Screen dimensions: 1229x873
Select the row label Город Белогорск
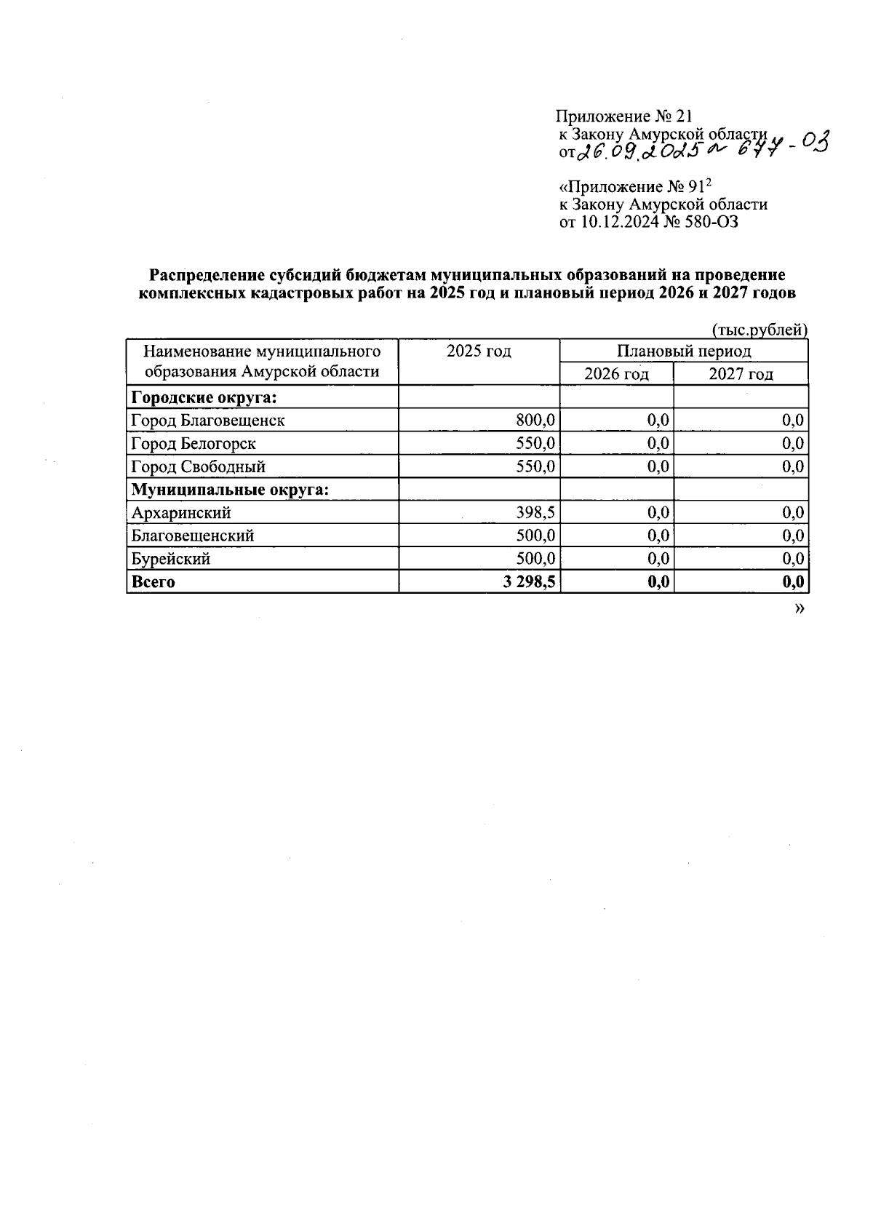[194, 444]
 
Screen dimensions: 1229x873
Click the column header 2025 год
[479, 352]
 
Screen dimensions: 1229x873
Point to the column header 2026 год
[616, 375]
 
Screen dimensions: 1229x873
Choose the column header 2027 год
[741, 375]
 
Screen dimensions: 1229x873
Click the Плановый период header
[683, 352]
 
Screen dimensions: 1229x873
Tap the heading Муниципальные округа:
[230, 490]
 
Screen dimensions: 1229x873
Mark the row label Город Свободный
[198, 467]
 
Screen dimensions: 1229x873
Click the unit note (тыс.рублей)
[760, 330]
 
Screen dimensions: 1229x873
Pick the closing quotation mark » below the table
[800, 608]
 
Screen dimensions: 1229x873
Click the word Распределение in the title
[208, 276]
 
